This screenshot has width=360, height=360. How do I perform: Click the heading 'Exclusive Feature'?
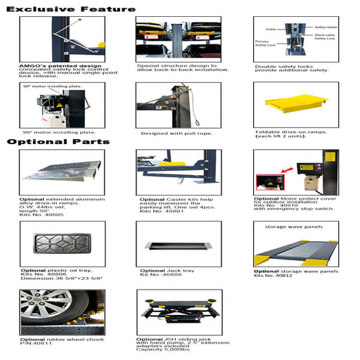point(70,9)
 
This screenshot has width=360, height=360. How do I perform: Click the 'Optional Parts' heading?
point(58,141)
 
